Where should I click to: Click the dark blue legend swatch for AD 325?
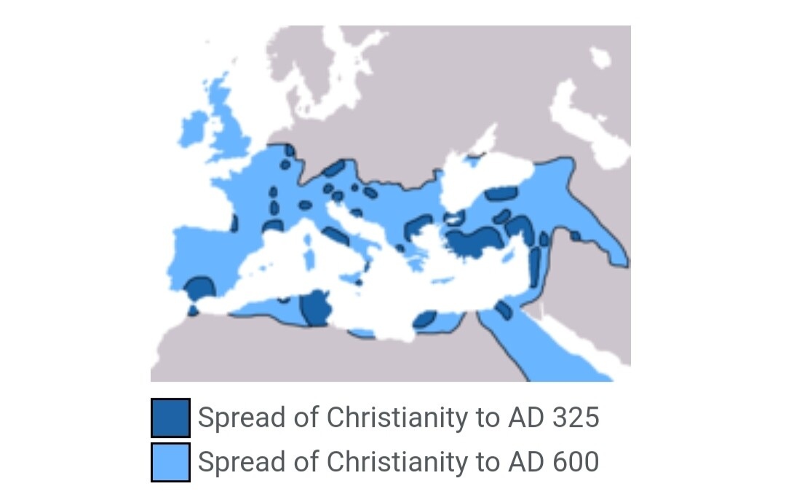170,417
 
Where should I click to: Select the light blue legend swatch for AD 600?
170,462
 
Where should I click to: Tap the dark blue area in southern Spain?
198,288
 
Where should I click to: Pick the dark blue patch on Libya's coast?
424,319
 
